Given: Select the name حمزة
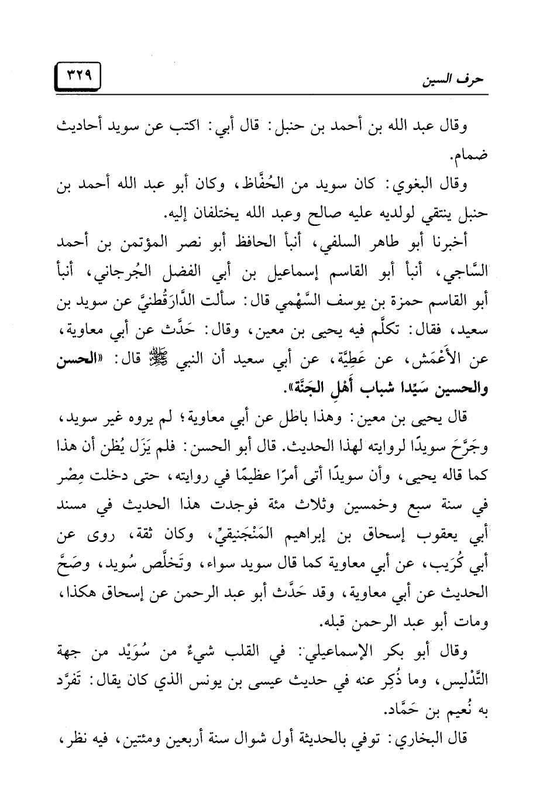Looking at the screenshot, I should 390,300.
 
